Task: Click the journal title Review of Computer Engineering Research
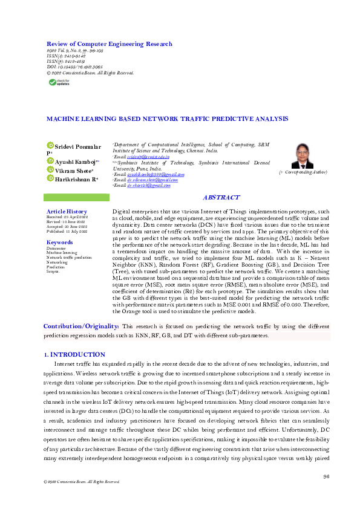[110, 44]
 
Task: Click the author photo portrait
[303, 156]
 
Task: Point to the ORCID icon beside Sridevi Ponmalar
[50, 146]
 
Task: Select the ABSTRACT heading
[221, 198]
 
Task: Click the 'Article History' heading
[67, 211]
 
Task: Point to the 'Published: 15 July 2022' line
[67, 232]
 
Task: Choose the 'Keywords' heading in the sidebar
[60, 242]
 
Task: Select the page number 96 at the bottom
[326, 477]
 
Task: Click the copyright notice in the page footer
[77, 482]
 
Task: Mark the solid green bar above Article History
[75, 198]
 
